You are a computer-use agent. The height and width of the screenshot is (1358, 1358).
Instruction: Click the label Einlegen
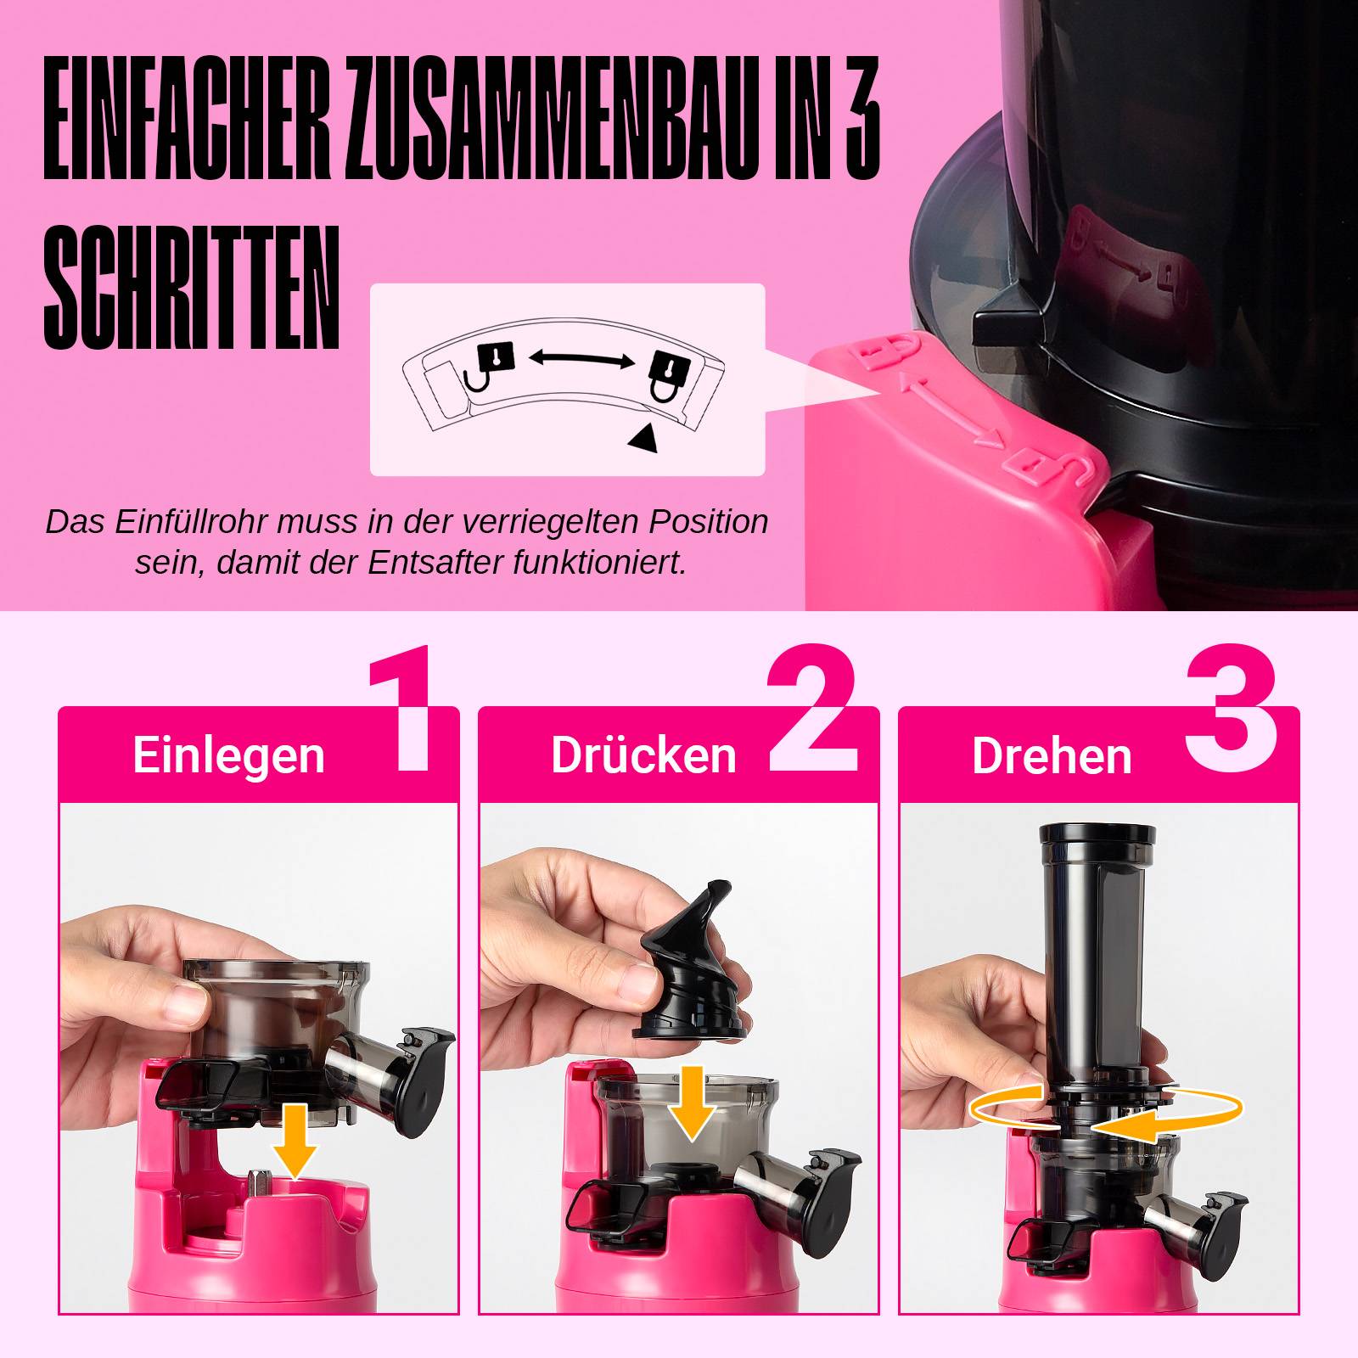tap(228, 755)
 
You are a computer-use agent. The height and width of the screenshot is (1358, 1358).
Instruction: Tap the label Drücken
tap(643, 755)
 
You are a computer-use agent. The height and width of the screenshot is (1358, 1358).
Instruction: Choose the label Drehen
tap(1052, 755)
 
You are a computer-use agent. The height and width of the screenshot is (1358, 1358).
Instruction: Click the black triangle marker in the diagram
tap(643, 438)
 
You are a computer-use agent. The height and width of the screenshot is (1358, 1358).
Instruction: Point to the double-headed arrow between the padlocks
tap(581, 359)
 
